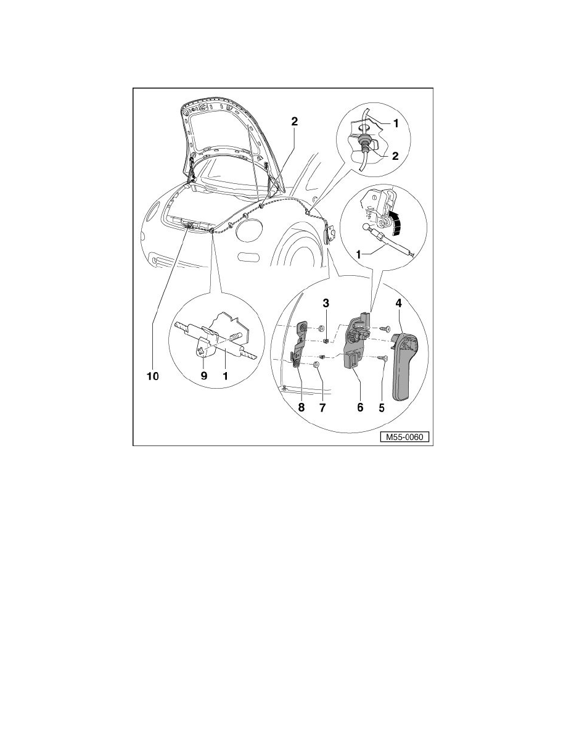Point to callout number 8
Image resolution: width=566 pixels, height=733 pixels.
pos(301,407)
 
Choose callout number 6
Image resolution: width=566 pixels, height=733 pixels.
pos(360,407)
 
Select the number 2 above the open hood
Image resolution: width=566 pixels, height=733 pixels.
pos(294,122)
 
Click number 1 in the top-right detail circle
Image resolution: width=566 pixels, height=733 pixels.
pos(395,123)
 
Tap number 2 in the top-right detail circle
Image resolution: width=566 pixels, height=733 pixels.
pos(395,157)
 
